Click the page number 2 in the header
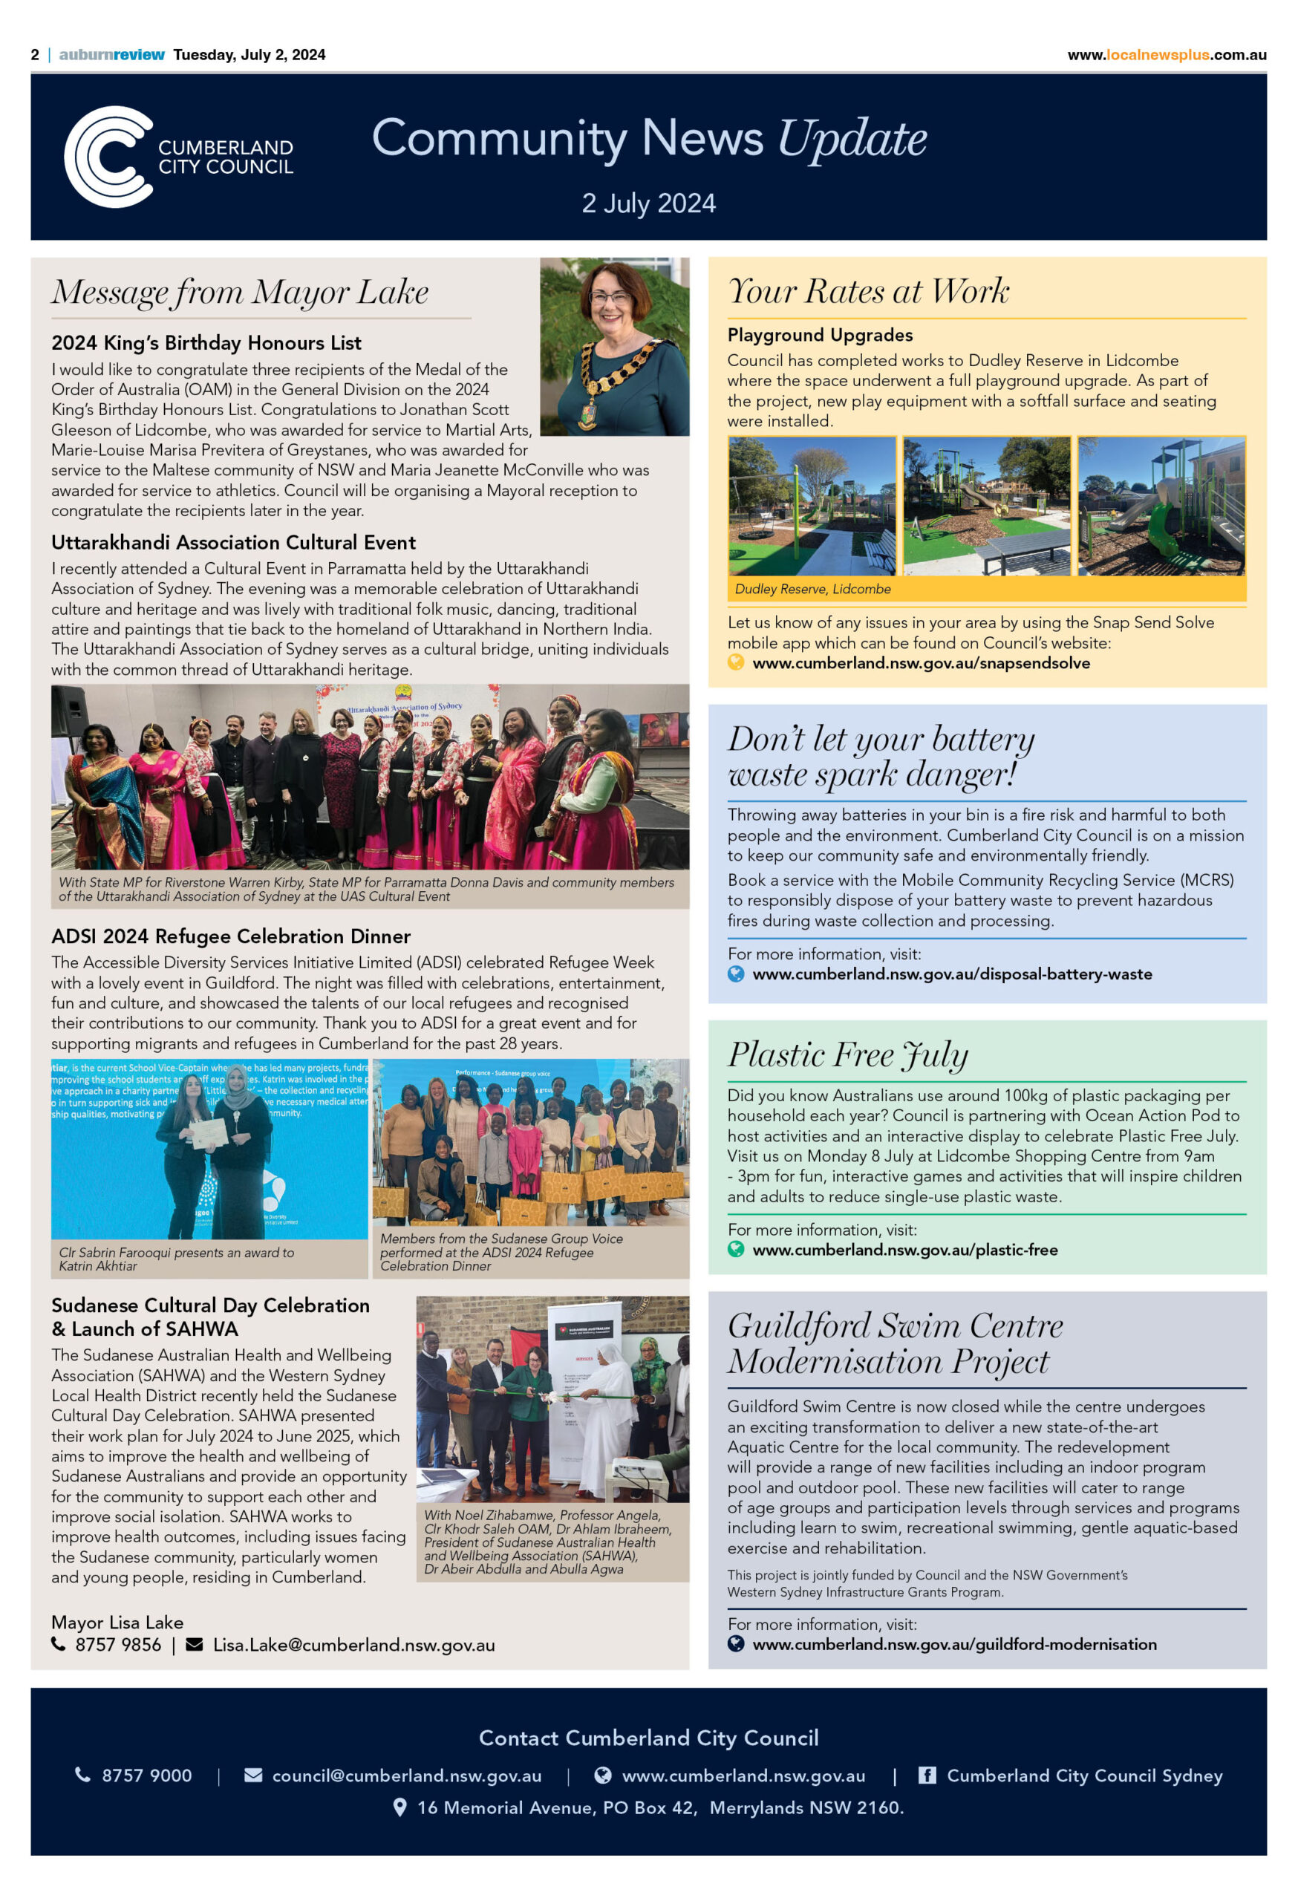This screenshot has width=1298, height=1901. [x=35, y=55]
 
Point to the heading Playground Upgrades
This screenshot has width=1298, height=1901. [x=820, y=335]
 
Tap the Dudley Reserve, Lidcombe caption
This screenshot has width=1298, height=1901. [x=812, y=589]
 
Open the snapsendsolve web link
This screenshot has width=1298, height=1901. [x=920, y=663]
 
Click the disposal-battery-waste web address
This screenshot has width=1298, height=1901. [x=951, y=974]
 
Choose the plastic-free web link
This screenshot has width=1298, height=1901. [x=904, y=1250]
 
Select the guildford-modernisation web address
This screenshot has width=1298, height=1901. [x=953, y=1644]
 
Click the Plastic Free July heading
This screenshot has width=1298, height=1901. [x=847, y=1054]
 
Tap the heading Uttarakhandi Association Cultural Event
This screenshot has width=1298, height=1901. [x=233, y=542]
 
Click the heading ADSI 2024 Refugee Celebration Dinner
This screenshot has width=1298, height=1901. [x=231, y=936]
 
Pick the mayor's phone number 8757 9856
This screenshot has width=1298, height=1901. [x=118, y=1645]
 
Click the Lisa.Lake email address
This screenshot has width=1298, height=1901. [x=353, y=1645]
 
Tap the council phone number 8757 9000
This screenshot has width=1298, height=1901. [x=146, y=1776]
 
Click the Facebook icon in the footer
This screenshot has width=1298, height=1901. [x=927, y=1776]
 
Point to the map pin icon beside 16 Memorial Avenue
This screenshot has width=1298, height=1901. [x=400, y=1807]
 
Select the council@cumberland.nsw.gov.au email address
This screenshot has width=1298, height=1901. [x=406, y=1776]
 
